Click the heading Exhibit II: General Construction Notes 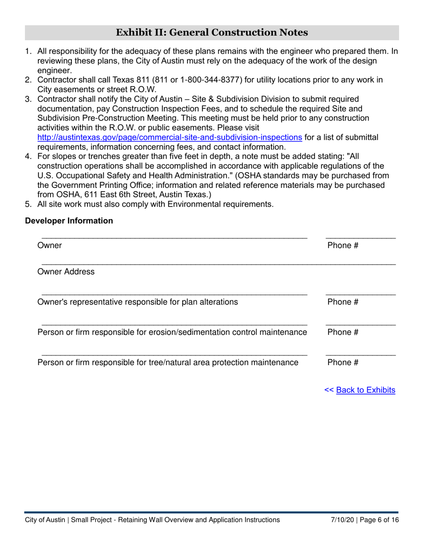pos(212,33)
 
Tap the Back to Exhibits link pos(365,390)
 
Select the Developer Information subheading pos(69,220)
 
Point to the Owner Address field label pos(66,272)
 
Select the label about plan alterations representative pos(137,302)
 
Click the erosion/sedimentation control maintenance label pos(172,333)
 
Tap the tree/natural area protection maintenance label pos(168,362)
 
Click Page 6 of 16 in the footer pos(379,520)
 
